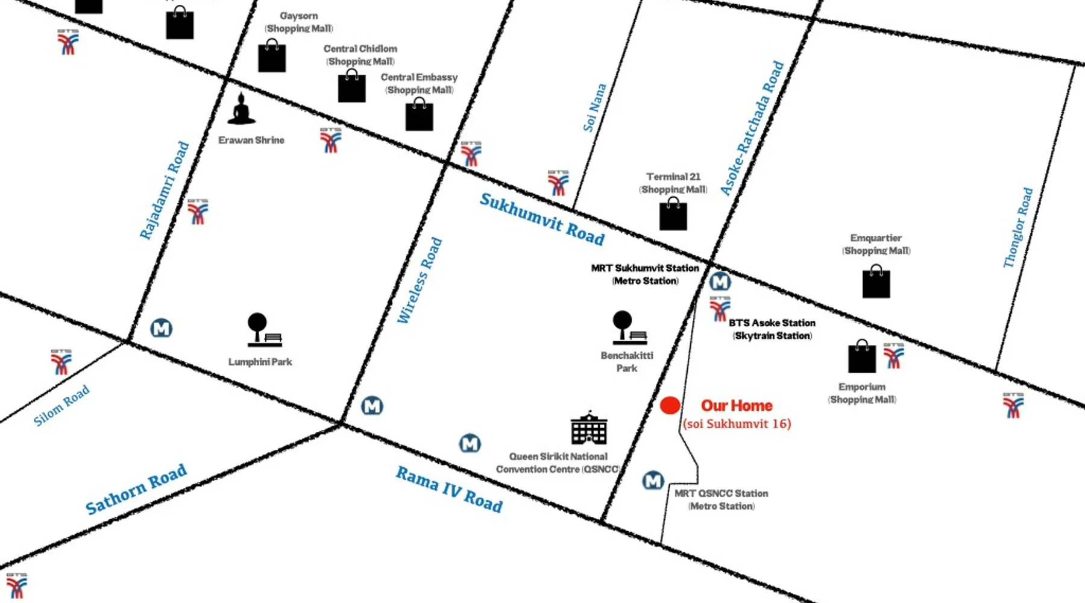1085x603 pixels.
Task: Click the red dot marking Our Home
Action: click(x=670, y=406)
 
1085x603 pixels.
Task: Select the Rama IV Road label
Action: click(x=449, y=489)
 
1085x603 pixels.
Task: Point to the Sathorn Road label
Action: click(x=136, y=489)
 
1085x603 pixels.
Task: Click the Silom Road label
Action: click(x=61, y=406)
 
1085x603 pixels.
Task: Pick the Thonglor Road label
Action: click(x=1018, y=228)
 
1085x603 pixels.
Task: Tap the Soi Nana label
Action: click(x=594, y=108)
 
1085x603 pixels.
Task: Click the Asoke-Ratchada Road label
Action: click(x=753, y=128)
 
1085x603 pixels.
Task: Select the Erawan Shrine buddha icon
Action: click(x=241, y=110)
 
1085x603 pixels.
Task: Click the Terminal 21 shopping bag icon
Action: click(x=673, y=214)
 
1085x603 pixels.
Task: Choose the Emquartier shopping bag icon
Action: click(x=876, y=282)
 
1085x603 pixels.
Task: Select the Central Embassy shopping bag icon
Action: click(x=419, y=115)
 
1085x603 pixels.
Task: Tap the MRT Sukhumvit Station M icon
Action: click(x=720, y=282)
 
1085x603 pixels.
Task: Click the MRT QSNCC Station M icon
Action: click(x=653, y=481)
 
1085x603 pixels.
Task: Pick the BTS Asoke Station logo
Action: click(x=720, y=309)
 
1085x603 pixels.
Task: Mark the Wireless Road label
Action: click(x=420, y=281)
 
